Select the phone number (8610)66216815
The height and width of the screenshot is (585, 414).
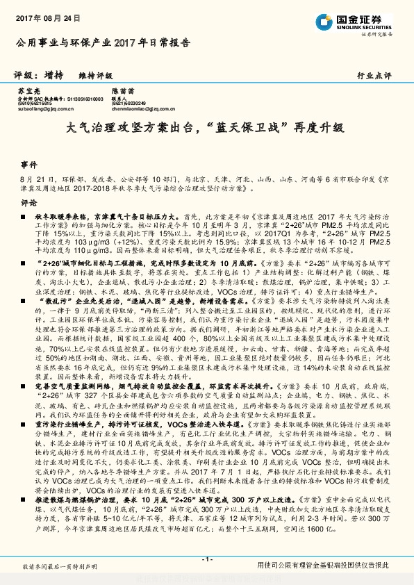pos(36,104)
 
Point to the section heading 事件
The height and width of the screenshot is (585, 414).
pos(28,165)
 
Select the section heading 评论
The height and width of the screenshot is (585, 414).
pos(28,203)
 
